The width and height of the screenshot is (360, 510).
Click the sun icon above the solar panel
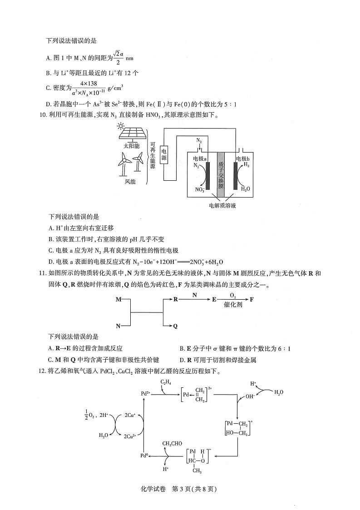click(x=120, y=127)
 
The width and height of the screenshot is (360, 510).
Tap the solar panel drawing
click(x=133, y=134)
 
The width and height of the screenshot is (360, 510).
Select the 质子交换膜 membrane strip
click(x=221, y=170)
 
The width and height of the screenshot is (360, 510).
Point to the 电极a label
click(x=200, y=158)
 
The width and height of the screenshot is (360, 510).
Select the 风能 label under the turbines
click(x=130, y=182)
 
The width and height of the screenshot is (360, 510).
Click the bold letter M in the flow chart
click(x=118, y=300)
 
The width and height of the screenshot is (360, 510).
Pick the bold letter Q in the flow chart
click(x=175, y=326)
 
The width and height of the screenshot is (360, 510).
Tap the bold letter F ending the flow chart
click(x=252, y=300)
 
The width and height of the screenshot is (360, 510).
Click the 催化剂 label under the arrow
click(x=233, y=306)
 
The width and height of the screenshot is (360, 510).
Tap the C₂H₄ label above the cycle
click(x=166, y=383)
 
